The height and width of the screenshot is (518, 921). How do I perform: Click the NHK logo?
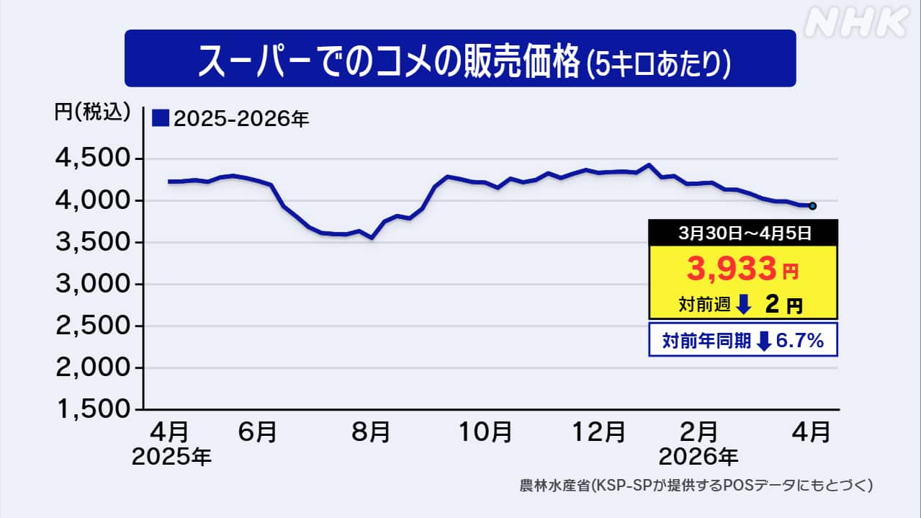(856, 24)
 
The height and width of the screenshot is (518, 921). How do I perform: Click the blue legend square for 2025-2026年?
(160, 117)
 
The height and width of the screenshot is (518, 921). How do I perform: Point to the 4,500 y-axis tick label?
(94, 158)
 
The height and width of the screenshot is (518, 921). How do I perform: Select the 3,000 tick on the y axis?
(94, 285)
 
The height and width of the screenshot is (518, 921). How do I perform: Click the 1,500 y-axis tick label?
(94, 409)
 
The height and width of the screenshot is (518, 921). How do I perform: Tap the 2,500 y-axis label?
(94, 326)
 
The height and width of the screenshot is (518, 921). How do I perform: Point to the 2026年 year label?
(698, 457)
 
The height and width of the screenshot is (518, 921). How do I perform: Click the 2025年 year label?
(171, 457)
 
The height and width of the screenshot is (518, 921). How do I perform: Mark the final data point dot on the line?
(812, 206)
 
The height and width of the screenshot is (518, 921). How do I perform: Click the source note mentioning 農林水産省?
(696, 486)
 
